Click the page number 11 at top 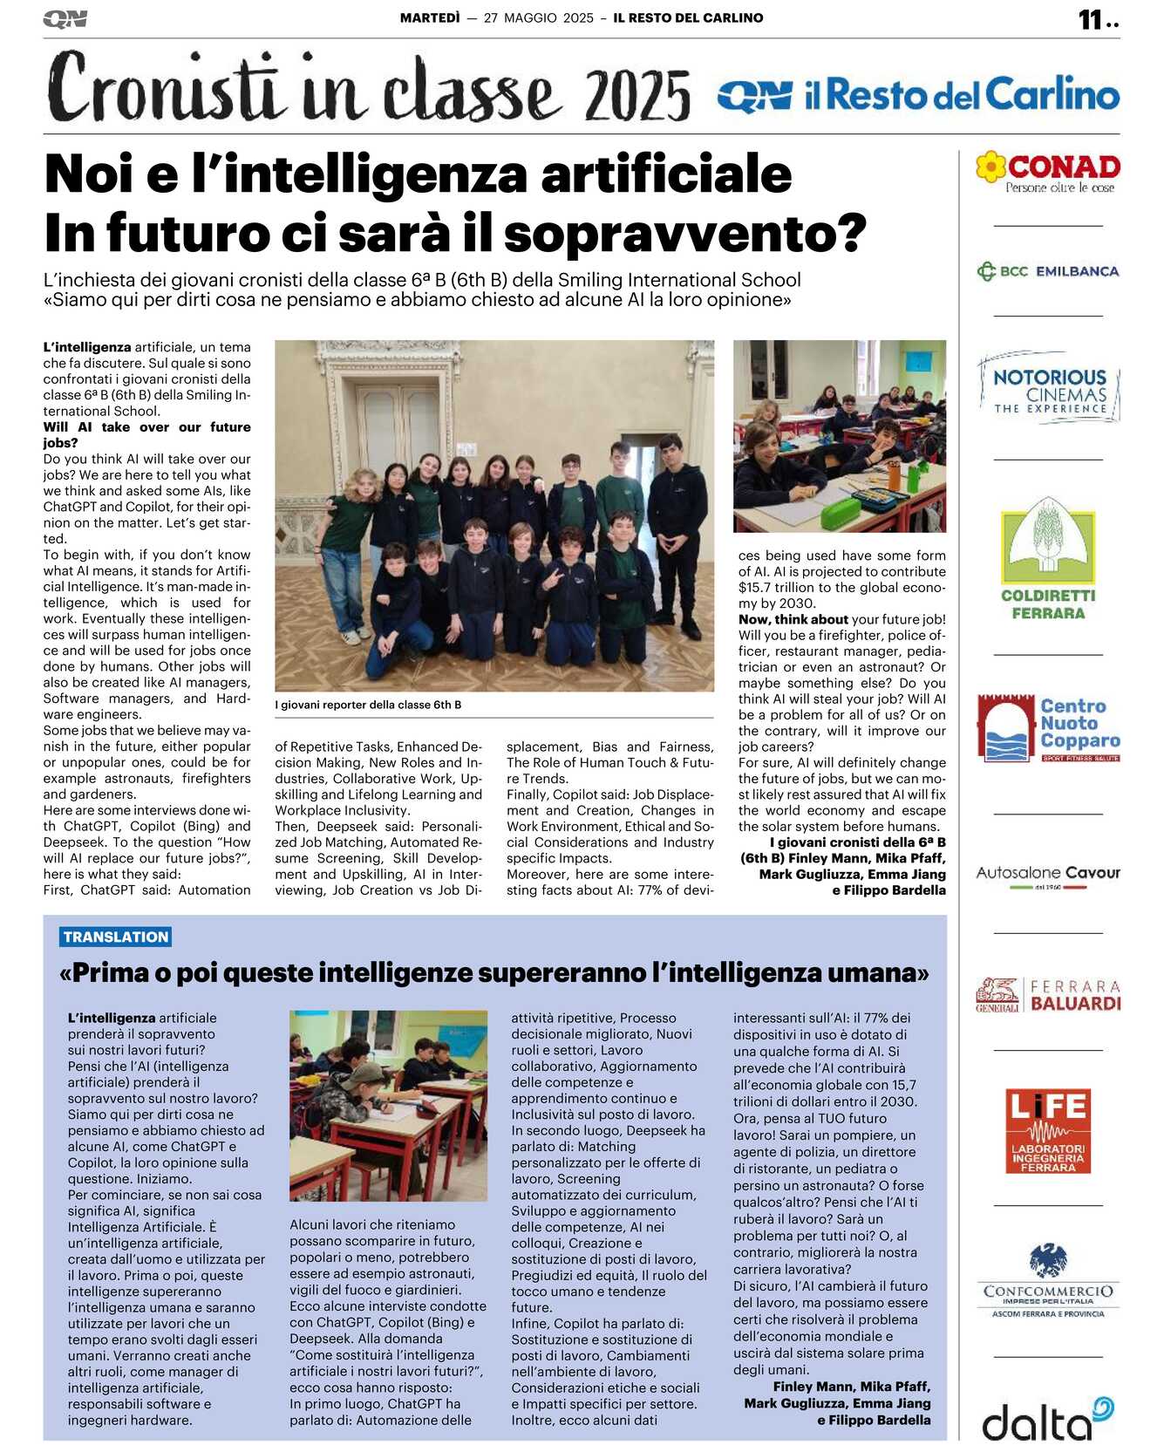[x=1091, y=19]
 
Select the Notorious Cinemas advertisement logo [x=1049, y=389]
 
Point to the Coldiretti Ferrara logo [x=1048, y=559]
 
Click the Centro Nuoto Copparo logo [x=1048, y=727]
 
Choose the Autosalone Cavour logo [x=1048, y=874]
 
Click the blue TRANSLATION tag [x=116, y=937]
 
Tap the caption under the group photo [x=368, y=705]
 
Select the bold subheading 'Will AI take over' [x=146, y=434]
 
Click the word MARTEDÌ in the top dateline [x=429, y=17]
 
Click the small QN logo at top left [x=65, y=19]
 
